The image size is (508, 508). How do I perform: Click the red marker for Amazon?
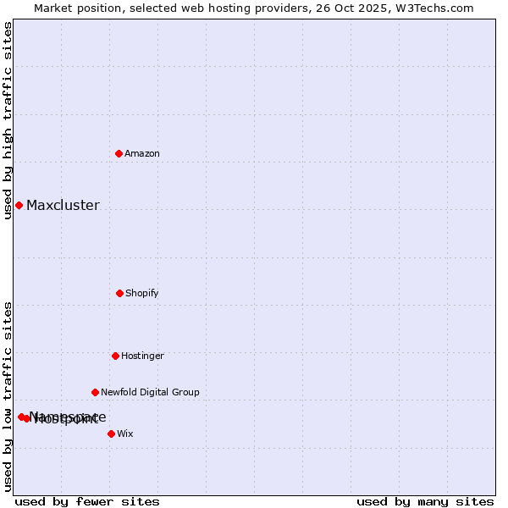coord(119,153)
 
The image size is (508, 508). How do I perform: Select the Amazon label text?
coord(142,153)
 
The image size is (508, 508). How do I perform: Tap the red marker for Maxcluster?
coord(19,205)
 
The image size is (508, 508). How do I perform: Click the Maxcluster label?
coord(63,205)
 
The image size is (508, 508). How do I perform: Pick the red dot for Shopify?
coord(119,293)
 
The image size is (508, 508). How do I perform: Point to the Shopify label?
coord(142,293)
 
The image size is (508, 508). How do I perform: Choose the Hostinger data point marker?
coord(115,356)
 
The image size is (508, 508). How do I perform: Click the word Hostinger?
coord(142,356)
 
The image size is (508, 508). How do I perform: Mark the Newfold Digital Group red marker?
coord(95,392)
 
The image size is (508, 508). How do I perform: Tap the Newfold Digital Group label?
coord(150,392)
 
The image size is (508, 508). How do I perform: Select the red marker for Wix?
coord(111,433)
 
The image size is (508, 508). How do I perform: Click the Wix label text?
coord(125,433)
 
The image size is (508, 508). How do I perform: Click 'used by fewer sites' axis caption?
coord(87,501)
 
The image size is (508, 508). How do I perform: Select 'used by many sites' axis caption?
coord(425,501)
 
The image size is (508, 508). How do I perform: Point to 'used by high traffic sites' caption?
coord(8,120)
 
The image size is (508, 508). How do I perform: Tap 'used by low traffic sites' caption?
coord(8,396)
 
